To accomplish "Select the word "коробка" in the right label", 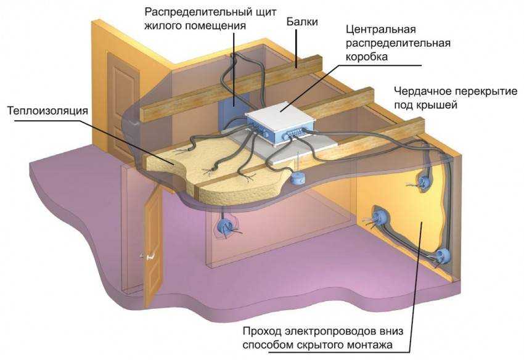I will click(x=368, y=57).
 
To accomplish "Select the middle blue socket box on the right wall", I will click(x=377, y=216).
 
